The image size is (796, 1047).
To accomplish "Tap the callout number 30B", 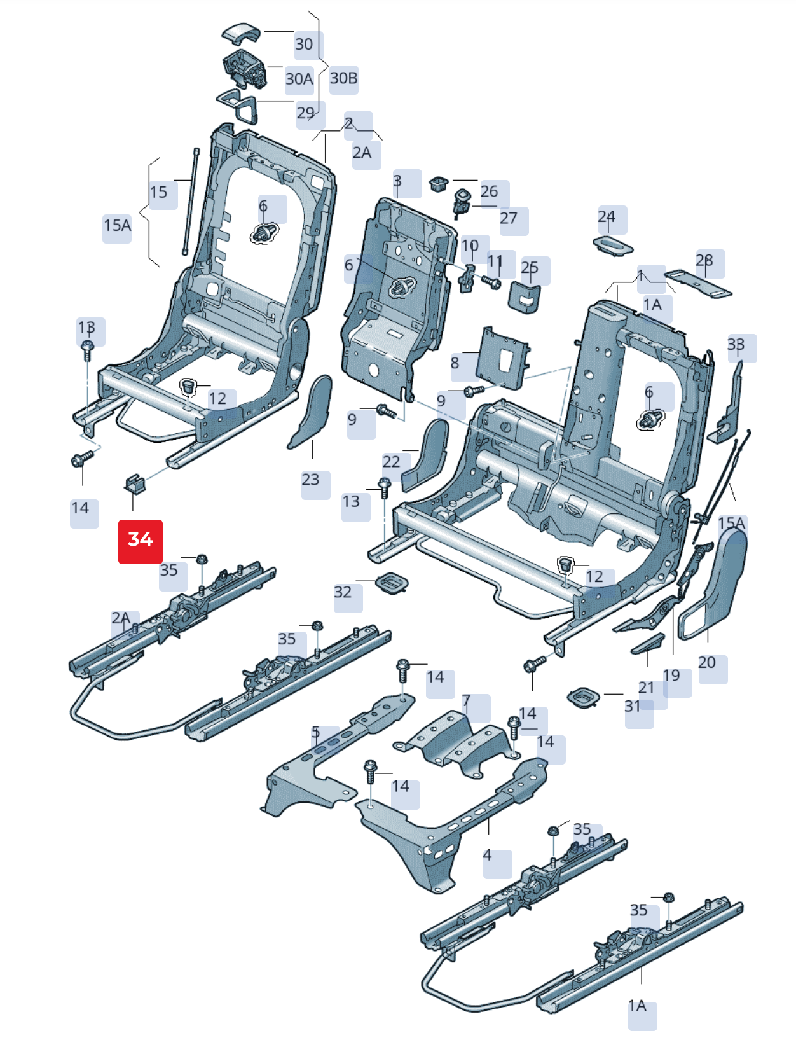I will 343,79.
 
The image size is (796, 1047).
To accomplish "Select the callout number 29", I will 306,113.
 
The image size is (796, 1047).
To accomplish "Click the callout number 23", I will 310,480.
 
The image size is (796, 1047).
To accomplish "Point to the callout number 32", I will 343,592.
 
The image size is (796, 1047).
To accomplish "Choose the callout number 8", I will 455,363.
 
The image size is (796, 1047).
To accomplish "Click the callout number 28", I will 704,261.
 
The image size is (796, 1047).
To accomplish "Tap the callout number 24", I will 607,217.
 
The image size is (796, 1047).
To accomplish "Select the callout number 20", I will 707,663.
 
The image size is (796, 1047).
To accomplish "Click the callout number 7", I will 466,702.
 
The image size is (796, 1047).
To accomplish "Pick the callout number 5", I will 316,733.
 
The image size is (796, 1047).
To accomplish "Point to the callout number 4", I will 487,856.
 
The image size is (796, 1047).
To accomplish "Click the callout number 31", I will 633,706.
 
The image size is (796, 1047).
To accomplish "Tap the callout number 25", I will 530,268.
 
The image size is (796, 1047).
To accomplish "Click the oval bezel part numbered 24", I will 613,246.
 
